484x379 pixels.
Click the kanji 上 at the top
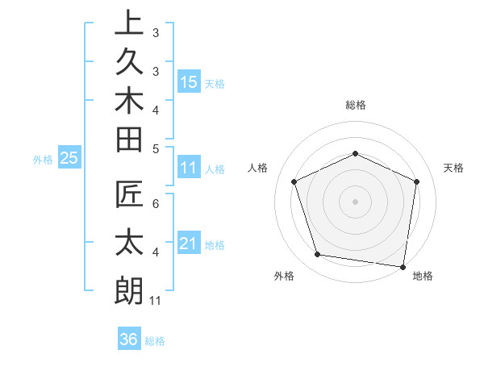[x=129, y=23]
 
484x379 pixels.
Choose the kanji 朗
[x=129, y=290]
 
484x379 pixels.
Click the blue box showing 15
[x=189, y=81]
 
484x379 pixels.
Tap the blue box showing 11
[x=189, y=168]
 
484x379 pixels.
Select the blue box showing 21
[x=189, y=244]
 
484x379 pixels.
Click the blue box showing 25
[x=69, y=158]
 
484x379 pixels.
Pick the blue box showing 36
[x=129, y=339]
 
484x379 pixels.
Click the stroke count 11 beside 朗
[x=156, y=301]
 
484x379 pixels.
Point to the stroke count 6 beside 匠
[x=156, y=204]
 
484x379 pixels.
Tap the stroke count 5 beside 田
[x=156, y=148]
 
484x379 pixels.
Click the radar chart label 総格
[x=356, y=105]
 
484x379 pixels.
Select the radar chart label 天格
[x=454, y=168]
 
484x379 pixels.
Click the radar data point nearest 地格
[x=403, y=266]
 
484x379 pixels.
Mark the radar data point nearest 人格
[x=294, y=181]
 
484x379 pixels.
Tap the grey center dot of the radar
[x=356, y=201]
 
